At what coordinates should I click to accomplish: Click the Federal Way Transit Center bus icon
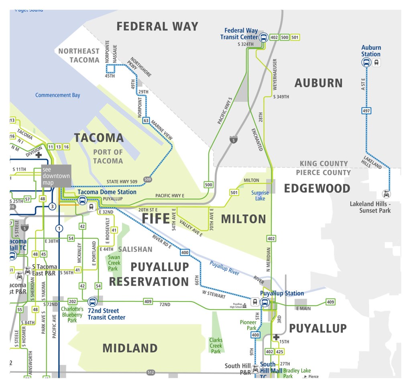click(264, 37)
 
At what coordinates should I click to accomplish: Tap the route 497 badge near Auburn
click(366, 110)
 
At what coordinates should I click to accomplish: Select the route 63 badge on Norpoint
click(146, 120)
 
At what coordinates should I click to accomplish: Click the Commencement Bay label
click(57, 95)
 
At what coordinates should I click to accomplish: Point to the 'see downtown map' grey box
click(56, 176)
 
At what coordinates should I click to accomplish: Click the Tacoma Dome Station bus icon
click(82, 200)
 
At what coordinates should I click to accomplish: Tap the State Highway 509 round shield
click(147, 179)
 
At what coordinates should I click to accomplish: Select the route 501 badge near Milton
click(234, 193)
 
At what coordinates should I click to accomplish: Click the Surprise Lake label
click(260, 196)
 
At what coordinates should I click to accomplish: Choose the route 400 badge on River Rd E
click(185, 253)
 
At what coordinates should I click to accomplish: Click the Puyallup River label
click(224, 267)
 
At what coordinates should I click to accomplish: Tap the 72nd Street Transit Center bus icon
click(92, 301)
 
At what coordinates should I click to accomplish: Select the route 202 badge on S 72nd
click(72, 301)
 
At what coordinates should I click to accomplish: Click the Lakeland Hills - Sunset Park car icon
click(386, 194)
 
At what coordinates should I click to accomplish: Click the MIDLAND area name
click(130, 348)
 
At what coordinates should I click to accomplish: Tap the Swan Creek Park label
click(114, 263)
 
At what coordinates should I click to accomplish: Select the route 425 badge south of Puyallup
click(280, 352)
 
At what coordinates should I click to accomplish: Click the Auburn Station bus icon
click(366, 62)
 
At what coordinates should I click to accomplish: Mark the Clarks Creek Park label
click(216, 346)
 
